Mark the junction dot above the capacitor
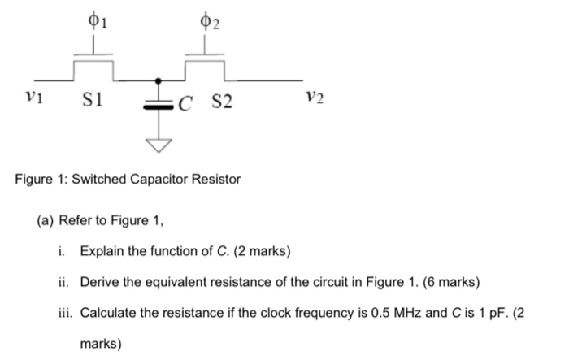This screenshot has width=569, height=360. coord(159,80)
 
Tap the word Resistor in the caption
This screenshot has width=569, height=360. coord(217,179)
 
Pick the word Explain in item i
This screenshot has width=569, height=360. coord(102,249)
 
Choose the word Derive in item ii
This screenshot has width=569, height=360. coord(100,282)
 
